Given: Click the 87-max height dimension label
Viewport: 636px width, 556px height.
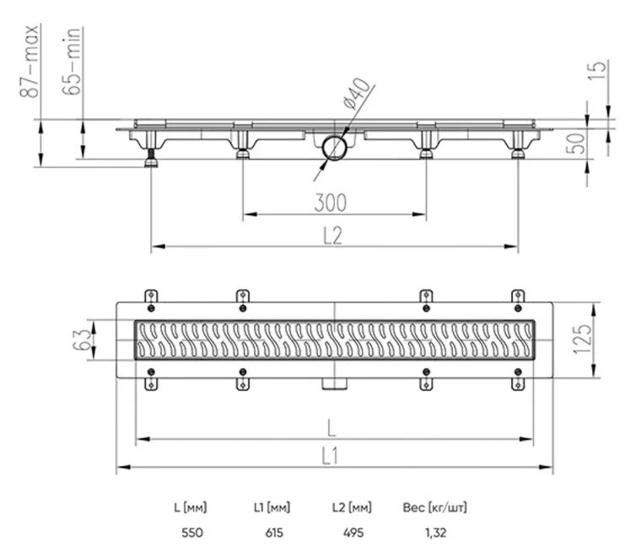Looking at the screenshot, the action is click(30, 61).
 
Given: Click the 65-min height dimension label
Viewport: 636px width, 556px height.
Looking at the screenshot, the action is click(72, 61).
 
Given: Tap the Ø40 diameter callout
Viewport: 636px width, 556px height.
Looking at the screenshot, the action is click(357, 94).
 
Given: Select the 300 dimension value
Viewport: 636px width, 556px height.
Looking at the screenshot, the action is click(331, 203).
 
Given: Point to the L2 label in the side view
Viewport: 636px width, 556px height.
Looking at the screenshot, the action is click(333, 235).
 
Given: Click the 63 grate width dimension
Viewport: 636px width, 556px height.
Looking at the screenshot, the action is click(81, 339).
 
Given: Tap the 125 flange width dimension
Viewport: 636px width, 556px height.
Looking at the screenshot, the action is click(583, 339).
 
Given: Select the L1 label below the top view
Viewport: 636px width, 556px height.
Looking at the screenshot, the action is click(329, 456).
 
